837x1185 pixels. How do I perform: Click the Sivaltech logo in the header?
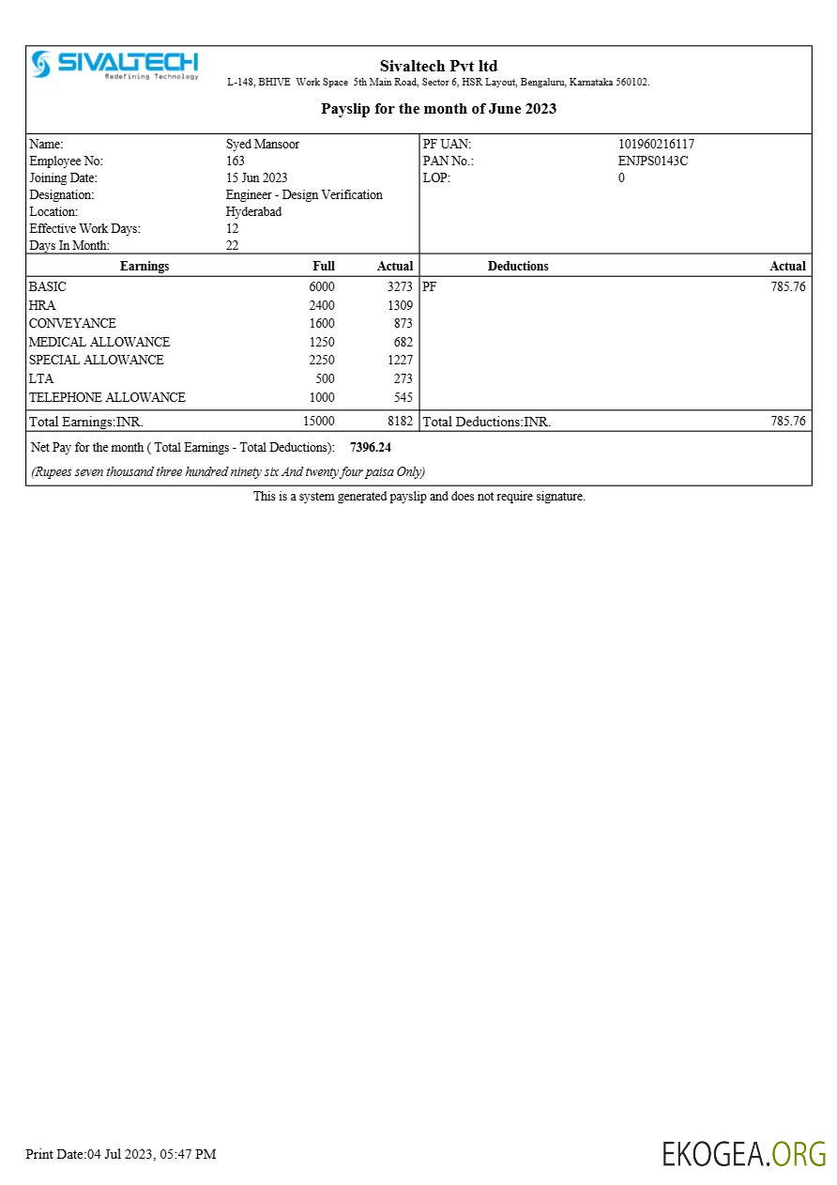pos(114,64)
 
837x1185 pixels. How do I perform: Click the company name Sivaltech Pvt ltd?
pos(438,66)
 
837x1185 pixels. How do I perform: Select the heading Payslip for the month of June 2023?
pos(438,109)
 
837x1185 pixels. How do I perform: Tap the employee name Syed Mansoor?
pos(263,145)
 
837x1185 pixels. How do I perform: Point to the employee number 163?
pos(236,162)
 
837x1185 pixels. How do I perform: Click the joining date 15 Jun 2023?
pos(256,178)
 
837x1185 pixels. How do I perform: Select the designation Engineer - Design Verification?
pos(304,195)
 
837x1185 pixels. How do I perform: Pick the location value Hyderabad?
pos(253,212)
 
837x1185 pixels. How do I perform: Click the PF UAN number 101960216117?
pos(656,145)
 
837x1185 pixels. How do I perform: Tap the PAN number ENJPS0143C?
pos(653,162)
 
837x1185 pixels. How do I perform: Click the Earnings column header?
pos(145,267)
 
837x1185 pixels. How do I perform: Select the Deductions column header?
pos(518,267)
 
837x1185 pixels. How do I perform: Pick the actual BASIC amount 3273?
pos(400,287)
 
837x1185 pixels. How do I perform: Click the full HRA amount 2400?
pos(322,305)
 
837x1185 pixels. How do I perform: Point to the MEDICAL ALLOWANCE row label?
pos(99,343)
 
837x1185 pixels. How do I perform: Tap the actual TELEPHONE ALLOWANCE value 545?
pos(403,398)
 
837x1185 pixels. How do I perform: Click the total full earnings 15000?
pos(319,422)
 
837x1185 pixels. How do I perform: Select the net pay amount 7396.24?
pos(371,448)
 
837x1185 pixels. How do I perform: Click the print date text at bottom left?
pos(121,1154)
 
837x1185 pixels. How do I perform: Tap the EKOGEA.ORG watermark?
pos(743,1154)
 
